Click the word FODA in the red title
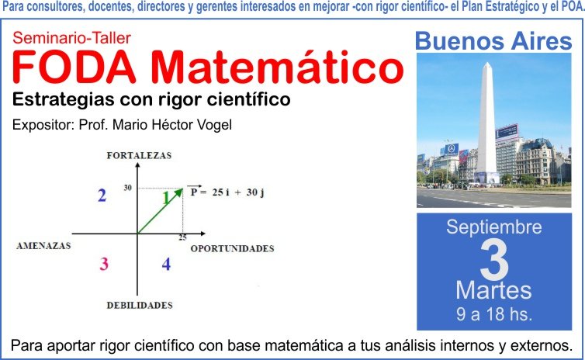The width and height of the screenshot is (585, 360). click(x=74, y=67)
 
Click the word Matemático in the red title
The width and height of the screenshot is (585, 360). click(x=278, y=67)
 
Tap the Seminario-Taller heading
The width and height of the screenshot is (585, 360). click(x=71, y=38)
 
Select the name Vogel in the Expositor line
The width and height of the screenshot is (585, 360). click(x=214, y=125)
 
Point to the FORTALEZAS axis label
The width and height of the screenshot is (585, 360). click(x=139, y=156)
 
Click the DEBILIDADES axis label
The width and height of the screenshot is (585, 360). click(x=140, y=305)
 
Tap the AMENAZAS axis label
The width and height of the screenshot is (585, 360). click(x=43, y=245)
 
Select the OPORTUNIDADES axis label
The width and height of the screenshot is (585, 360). click(x=233, y=248)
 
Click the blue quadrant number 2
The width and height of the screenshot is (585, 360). click(x=102, y=196)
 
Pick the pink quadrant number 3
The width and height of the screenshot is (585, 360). click(x=104, y=264)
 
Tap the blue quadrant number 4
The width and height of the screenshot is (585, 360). click(x=166, y=264)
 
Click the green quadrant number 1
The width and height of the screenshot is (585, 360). click(x=166, y=199)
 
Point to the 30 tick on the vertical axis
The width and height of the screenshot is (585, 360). click(x=128, y=188)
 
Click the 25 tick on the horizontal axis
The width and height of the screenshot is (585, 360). click(x=182, y=237)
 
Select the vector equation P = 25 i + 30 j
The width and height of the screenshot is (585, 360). click(x=226, y=192)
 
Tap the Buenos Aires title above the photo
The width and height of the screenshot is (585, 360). click(x=493, y=41)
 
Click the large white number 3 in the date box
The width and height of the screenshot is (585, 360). click(x=494, y=260)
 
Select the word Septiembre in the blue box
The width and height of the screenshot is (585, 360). click(x=494, y=227)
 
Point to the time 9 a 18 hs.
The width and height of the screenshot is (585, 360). click(x=494, y=314)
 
